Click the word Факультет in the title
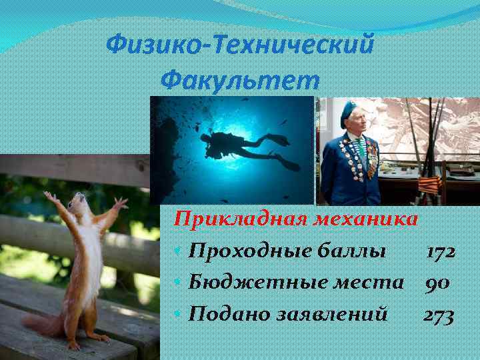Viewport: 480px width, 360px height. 240,81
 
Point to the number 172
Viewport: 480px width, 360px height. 441,251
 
